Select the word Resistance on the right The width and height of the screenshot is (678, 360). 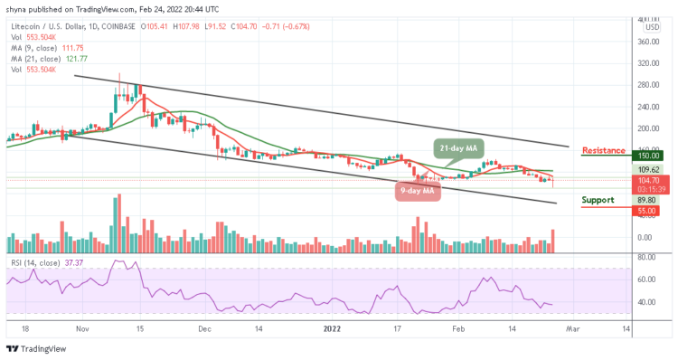coord(605,150)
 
